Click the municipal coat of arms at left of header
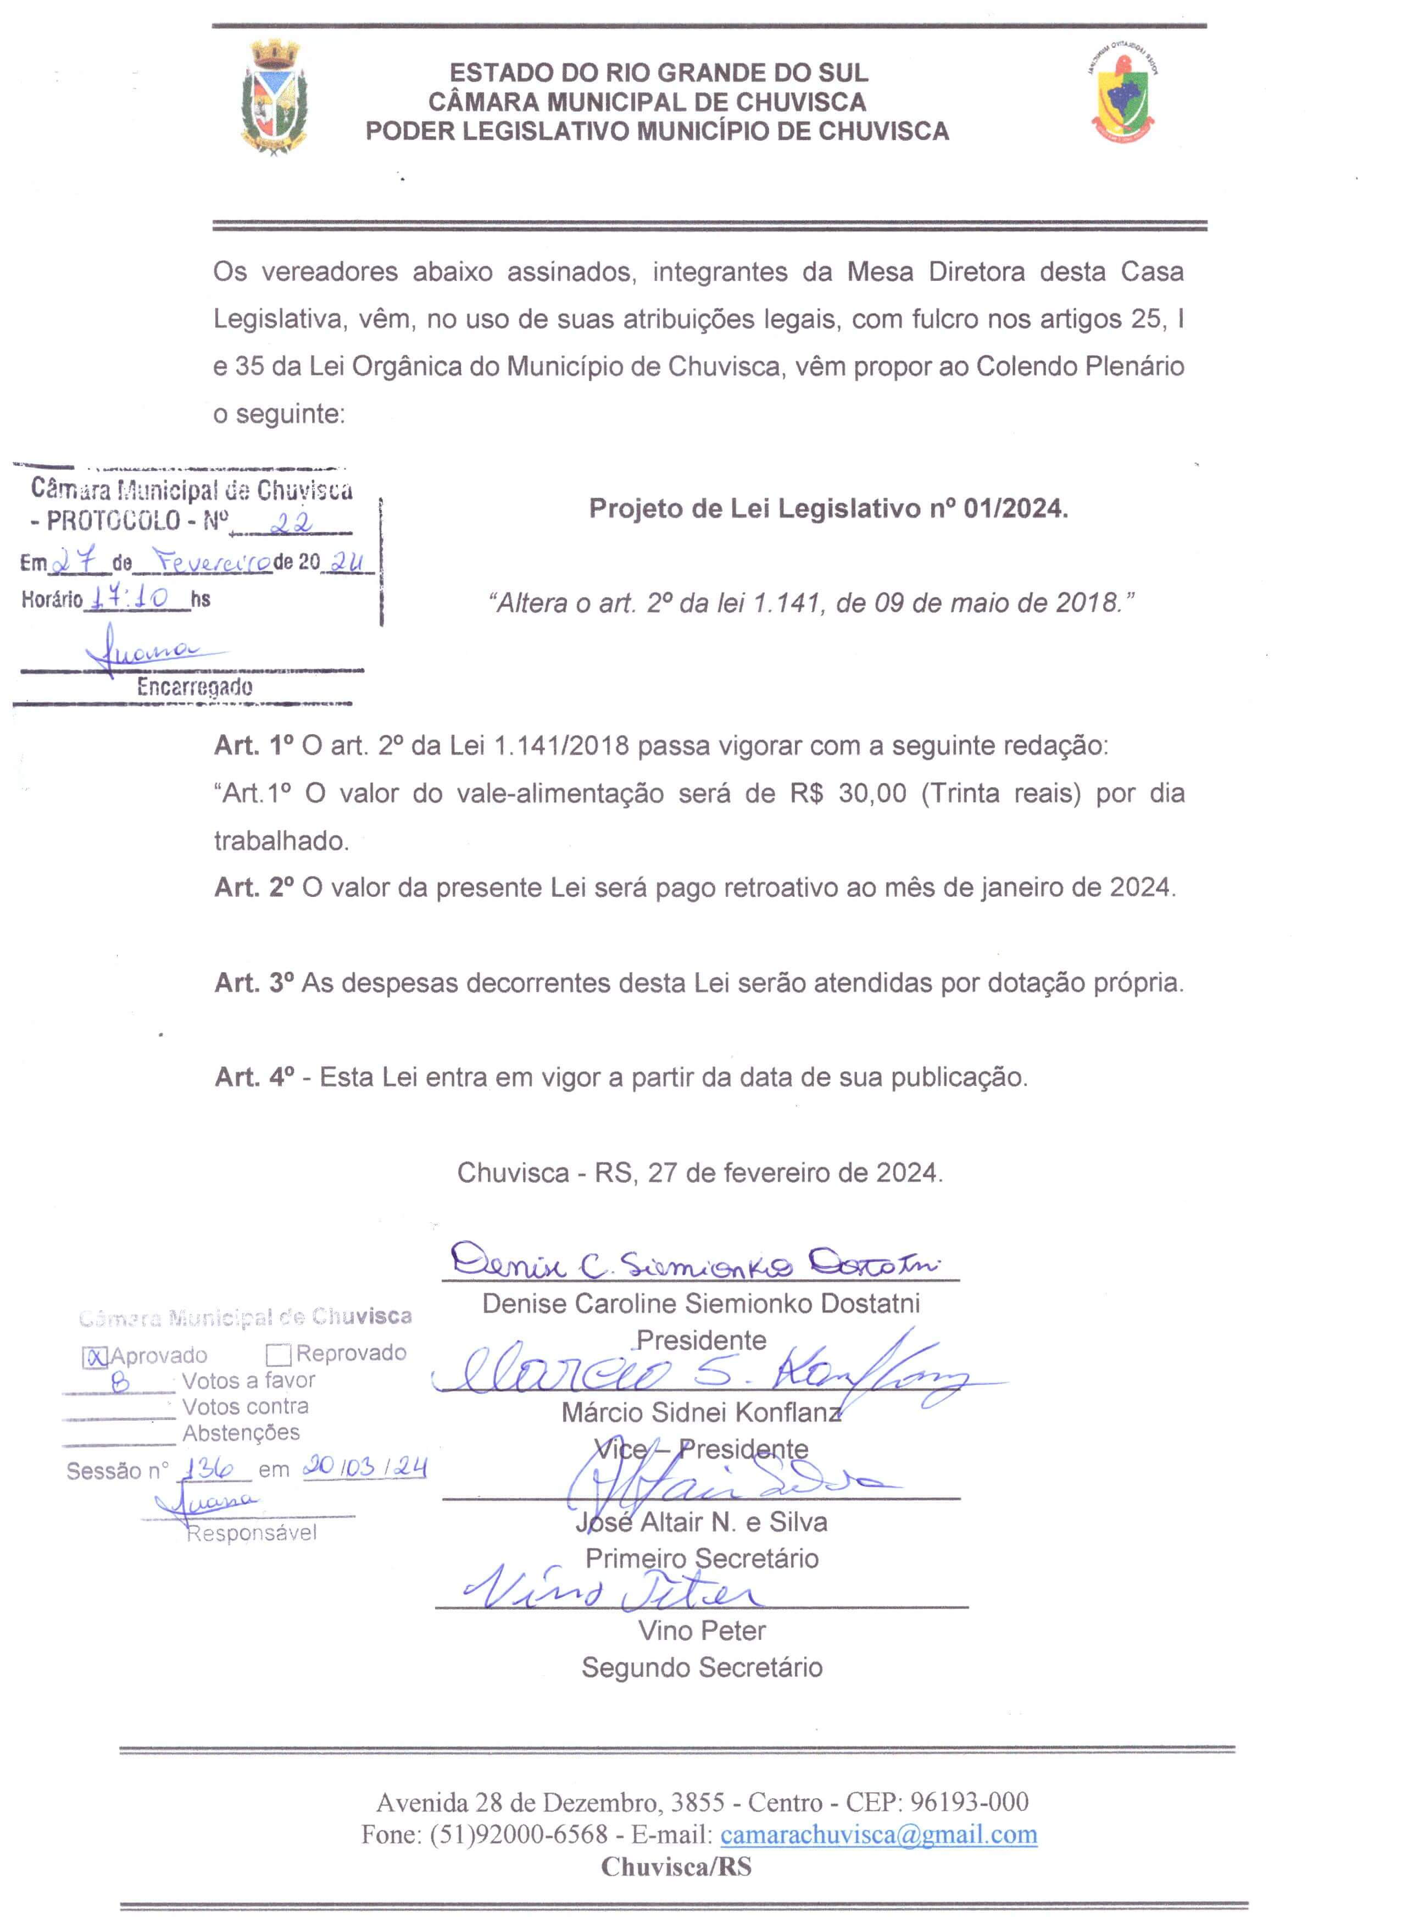coord(274,99)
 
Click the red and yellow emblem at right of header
coord(1122,98)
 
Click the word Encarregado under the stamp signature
coord(194,687)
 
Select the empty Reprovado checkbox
coord(279,1354)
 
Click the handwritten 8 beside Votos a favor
coord(121,1382)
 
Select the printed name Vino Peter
coord(702,1631)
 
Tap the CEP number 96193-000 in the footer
coord(969,1801)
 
